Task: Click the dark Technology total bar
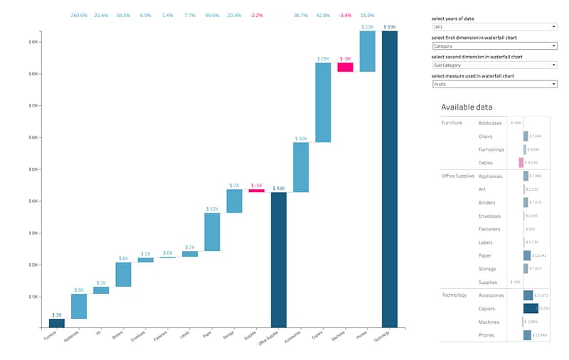pos(389,178)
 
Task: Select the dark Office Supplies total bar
pos(278,260)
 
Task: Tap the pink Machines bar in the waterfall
pos(345,68)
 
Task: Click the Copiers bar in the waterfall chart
pos(323,102)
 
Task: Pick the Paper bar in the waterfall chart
pos(212,232)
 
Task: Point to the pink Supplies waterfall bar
pos(256,191)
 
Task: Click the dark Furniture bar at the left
pos(57,323)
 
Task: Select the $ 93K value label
pos(389,28)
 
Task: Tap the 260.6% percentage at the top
pos(79,15)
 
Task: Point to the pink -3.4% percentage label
pos(345,15)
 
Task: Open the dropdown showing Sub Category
pos(494,65)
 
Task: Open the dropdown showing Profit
pos(494,84)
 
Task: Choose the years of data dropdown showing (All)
pos(494,27)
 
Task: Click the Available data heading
pos(467,107)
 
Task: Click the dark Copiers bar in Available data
pos(531,308)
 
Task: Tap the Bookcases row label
pos(490,123)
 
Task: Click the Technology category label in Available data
pos(454,295)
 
